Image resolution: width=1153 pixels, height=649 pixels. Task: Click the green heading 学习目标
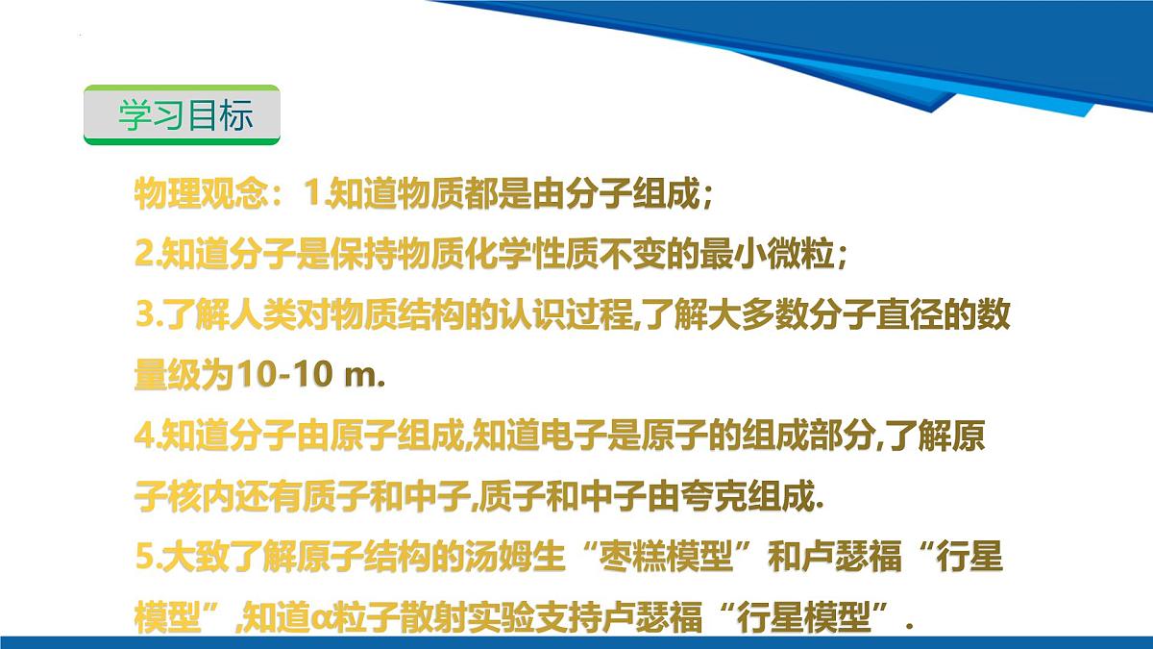point(184,115)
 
